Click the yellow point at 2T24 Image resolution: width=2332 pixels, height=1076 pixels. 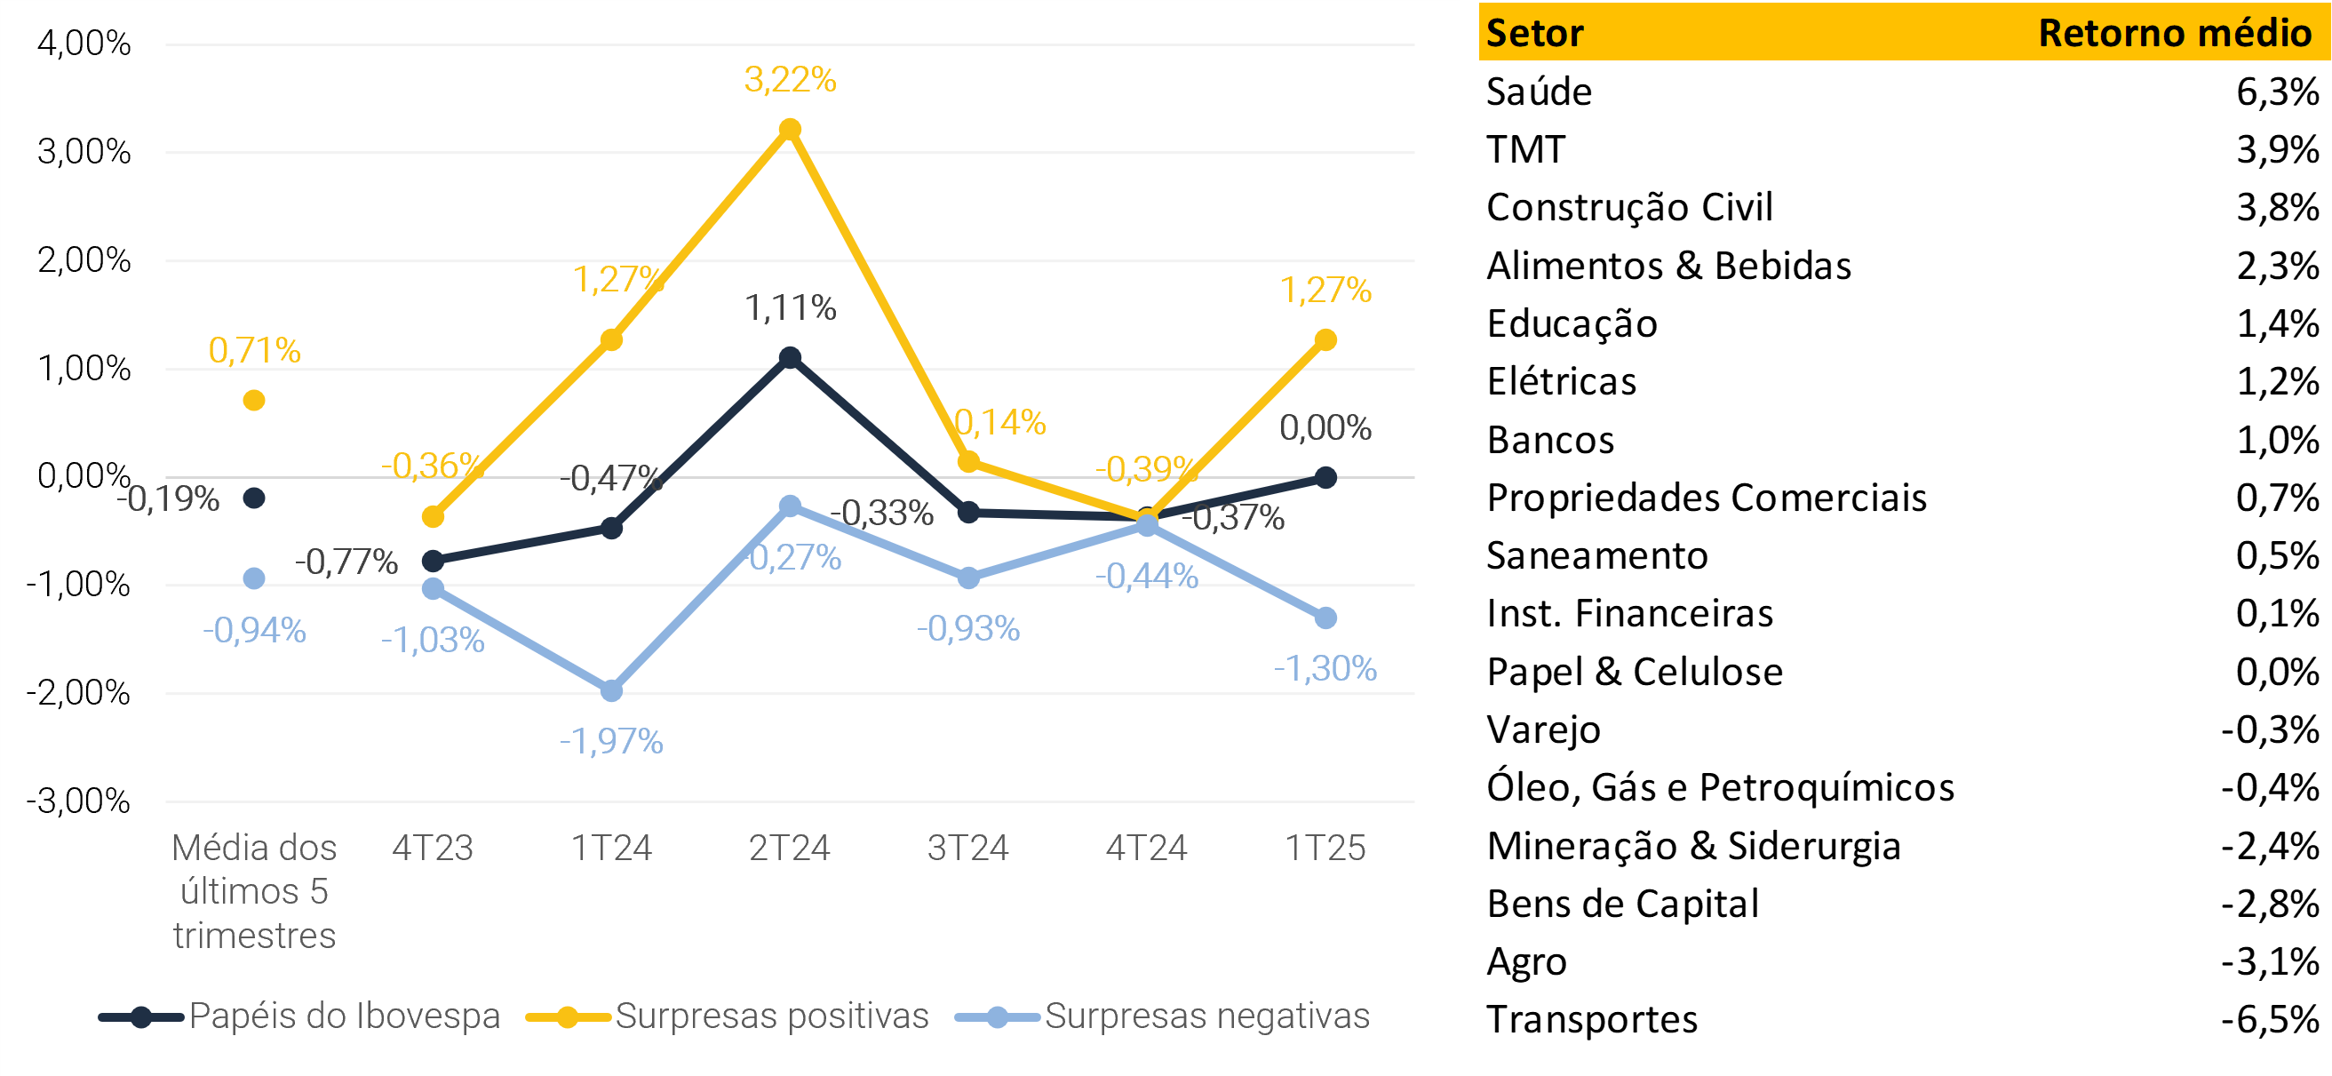click(790, 130)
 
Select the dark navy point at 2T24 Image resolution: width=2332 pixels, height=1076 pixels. click(790, 358)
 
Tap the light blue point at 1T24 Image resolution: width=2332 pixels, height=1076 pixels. click(612, 691)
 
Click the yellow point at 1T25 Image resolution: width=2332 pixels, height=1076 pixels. click(1325, 340)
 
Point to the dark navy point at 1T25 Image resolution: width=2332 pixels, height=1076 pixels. click(1325, 477)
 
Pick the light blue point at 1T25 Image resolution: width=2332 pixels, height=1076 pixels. click(1325, 618)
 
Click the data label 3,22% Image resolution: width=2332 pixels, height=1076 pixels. click(790, 81)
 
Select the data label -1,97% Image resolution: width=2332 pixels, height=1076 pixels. click(612, 742)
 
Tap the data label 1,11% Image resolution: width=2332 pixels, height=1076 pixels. click(790, 309)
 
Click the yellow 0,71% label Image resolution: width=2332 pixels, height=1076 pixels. click(254, 350)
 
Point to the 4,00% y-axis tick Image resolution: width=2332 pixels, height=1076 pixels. click(84, 44)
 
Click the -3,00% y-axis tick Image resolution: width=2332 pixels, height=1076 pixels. click(79, 801)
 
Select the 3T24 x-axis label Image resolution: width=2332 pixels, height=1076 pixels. click(967, 849)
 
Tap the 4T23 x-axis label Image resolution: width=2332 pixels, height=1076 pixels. click(433, 849)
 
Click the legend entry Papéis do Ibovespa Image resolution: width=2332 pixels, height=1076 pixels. click(344, 1016)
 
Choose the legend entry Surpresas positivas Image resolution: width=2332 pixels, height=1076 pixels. click(771, 1016)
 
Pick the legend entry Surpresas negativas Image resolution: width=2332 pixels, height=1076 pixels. click(1206, 1016)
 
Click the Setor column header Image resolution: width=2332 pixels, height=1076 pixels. click(1534, 34)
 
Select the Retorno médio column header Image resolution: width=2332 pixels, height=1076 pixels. click(2175, 34)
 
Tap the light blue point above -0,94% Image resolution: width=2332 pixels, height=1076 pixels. click(254, 578)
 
